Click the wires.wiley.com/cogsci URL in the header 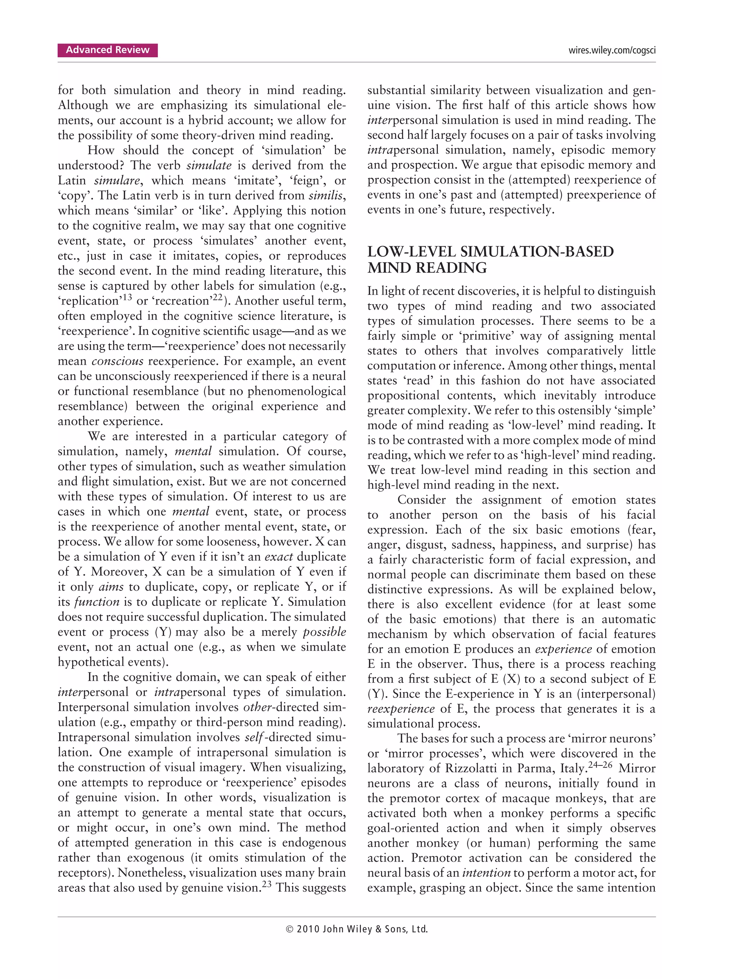[x=612, y=50]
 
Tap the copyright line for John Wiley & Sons [x=357, y=929]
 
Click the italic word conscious [x=117, y=361]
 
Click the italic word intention [x=486, y=873]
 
